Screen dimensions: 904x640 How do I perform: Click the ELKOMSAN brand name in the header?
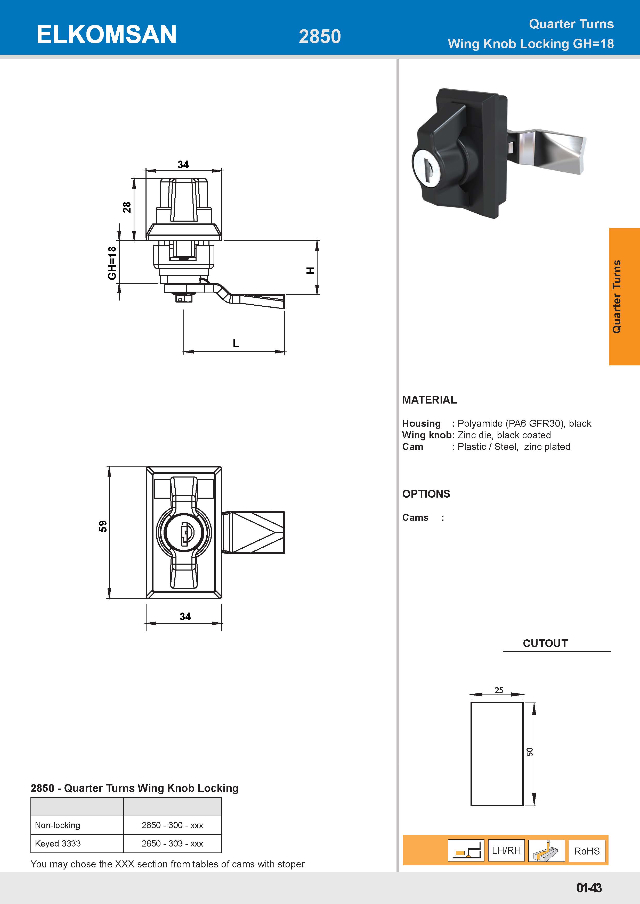click(106, 35)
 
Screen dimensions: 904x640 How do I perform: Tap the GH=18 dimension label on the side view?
click(112, 263)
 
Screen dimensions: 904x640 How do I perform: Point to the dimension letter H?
click(311, 271)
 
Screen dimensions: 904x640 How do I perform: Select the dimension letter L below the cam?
click(236, 343)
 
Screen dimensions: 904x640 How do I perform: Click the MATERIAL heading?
click(429, 400)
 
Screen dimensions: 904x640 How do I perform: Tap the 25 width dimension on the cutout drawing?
click(499, 690)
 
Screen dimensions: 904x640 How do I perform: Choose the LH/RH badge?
click(506, 850)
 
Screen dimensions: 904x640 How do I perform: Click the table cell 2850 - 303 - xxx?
click(172, 843)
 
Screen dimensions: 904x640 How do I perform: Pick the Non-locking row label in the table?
click(58, 825)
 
